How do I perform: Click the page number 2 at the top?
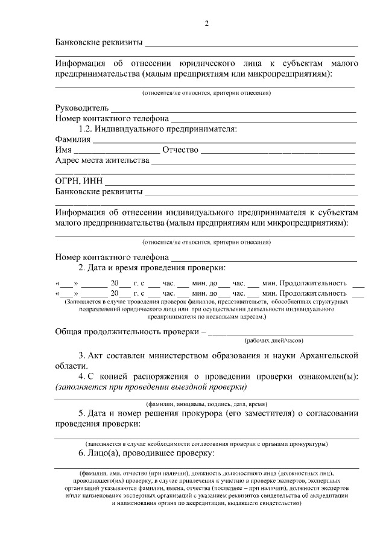(206, 24)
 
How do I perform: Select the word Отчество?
(180, 150)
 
